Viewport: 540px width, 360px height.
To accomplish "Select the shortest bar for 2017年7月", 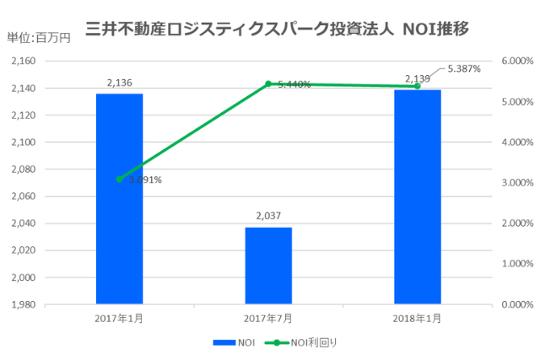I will (268, 265).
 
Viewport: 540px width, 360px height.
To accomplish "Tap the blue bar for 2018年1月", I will (417, 196).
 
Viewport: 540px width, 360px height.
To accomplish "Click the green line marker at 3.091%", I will (119, 179).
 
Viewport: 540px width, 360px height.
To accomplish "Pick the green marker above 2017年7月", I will (268, 83).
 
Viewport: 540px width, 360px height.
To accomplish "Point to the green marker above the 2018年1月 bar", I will (417, 86).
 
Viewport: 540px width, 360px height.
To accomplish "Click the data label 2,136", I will (119, 83).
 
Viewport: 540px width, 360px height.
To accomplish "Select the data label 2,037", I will (268, 216).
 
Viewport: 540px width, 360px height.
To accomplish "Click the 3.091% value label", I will (145, 180).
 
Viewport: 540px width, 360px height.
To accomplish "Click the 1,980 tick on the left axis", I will (23, 304).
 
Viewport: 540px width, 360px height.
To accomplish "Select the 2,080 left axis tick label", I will (23, 169).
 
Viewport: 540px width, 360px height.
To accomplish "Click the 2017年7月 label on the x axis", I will (268, 318).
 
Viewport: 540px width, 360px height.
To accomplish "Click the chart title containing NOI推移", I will (278, 29).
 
